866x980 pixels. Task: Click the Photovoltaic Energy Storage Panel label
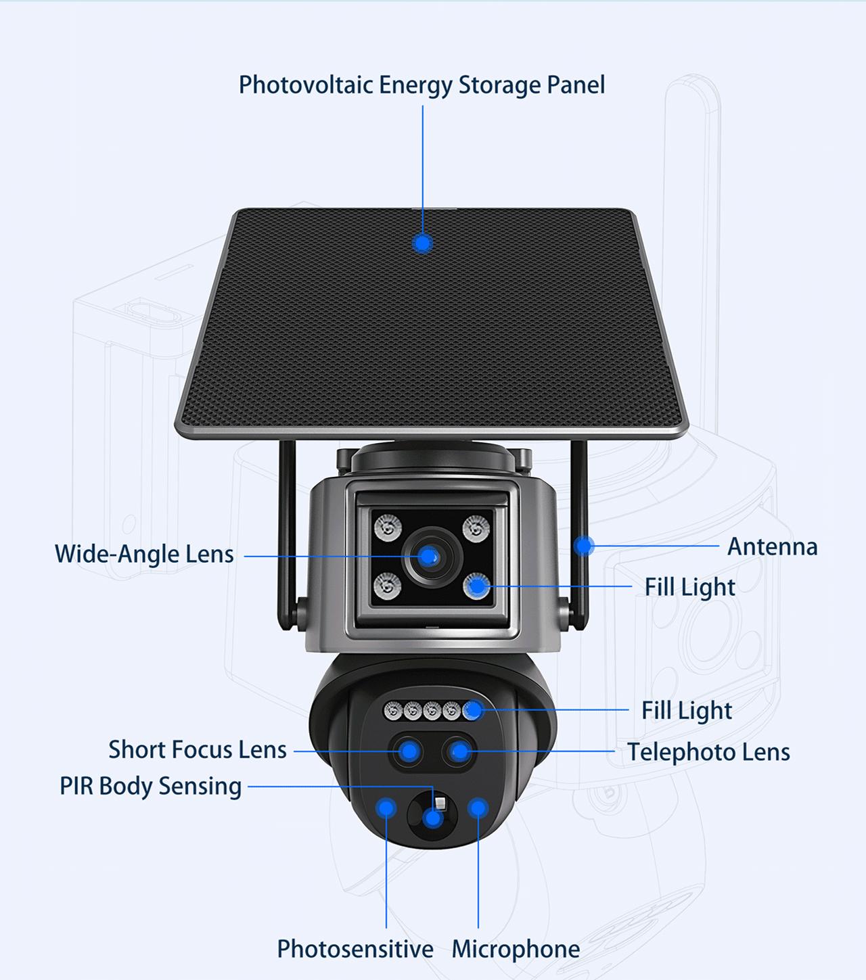pyautogui.click(x=421, y=85)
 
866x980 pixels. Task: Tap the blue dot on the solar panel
pyautogui.click(x=423, y=243)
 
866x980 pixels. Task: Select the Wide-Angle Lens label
pyautogui.click(x=144, y=554)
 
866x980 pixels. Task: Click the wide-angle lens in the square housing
pyautogui.click(x=428, y=557)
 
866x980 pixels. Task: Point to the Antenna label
pyautogui.click(x=772, y=546)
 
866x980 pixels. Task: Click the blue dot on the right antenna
pyautogui.click(x=583, y=545)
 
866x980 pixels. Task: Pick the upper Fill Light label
pyautogui.click(x=689, y=587)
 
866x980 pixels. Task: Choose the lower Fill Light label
pyautogui.click(x=687, y=711)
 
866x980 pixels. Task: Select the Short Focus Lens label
pyautogui.click(x=198, y=750)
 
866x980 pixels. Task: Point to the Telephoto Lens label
pyautogui.click(x=708, y=752)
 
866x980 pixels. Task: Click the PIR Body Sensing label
pyautogui.click(x=151, y=787)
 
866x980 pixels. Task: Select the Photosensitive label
pyautogui.click(x=355, y=949)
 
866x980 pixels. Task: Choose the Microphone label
pyautogui.click(x=516, y=949)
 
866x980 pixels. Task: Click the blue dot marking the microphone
pyautogui.click(x=478, y=808)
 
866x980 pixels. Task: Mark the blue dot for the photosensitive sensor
pyautogui.click(x=386, y=807)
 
